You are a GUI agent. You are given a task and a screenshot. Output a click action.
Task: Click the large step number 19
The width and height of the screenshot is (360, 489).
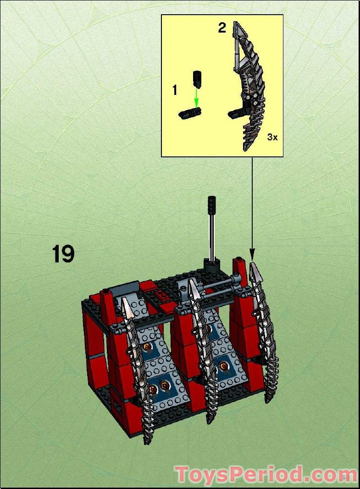pyautogui.click(x=63, y=254)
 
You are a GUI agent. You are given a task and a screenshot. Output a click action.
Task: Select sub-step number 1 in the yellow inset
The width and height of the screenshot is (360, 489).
pyautogui.click(x=174, y=90)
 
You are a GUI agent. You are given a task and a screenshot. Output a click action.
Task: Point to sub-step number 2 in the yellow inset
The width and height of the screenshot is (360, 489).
pyautogui.click(x=222, y=28)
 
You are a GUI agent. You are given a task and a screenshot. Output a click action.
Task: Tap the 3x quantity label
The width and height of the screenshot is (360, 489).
pyautogui.click(x=272, y=137)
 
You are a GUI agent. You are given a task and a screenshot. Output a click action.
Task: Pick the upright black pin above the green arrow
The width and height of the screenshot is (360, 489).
pyautogui.click(x=197, y=79)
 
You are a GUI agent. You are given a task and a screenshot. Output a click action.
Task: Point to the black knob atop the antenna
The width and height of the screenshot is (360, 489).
pyautogui.click(x=211, y=203)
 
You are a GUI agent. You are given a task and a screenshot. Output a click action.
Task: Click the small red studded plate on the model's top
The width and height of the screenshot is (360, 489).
pyautogui.click(x=164, y=295)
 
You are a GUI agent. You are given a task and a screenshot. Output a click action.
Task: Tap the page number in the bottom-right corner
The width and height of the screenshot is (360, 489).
pyautogui.click(x=346, y=477)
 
